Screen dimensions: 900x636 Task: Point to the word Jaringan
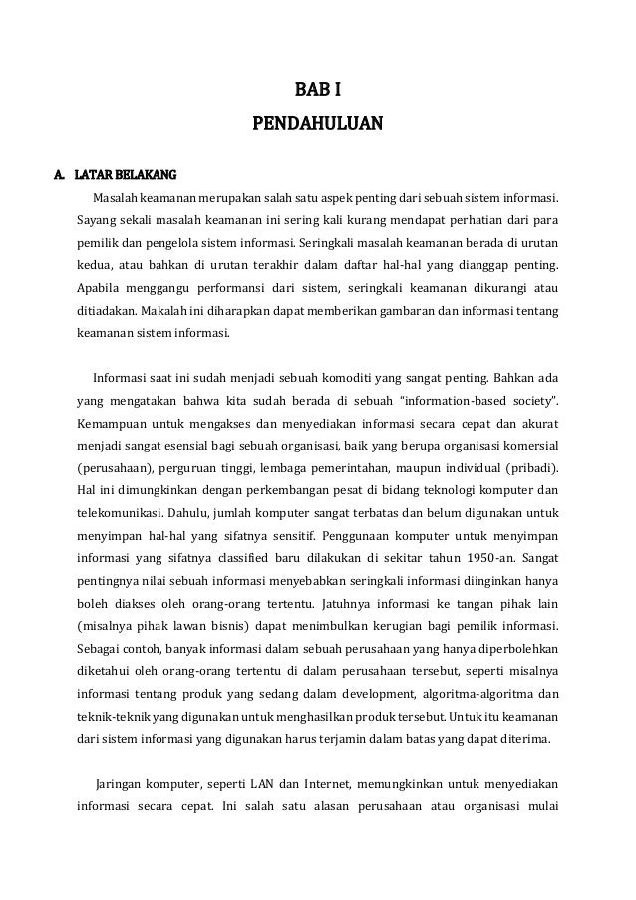(x=119, y=784)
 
